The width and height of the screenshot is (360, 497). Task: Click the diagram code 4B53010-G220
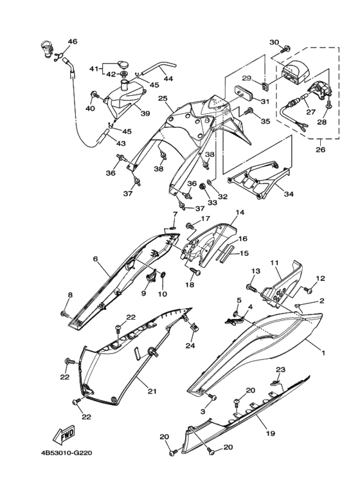(x=66, y=453)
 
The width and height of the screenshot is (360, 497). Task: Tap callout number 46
(x=73, y=42)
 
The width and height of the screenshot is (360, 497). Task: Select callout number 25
(x=163, y=98)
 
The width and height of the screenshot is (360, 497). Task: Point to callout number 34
(x=289, y=194)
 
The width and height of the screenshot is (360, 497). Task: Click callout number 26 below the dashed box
(x=320, y=149)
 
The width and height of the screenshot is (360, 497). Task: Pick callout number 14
(x=240, y=213)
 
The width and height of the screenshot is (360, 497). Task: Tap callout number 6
(x=96, y=258)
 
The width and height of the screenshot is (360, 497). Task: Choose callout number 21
(x=152, y=392)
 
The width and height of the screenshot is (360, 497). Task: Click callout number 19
(x=271, y=433)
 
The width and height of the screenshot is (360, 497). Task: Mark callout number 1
(x=323, y=352)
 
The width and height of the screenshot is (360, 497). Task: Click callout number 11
(x=274, y=262)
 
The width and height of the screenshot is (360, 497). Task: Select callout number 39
(x=145, y=113)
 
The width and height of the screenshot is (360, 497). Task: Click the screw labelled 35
(x=249, y=111)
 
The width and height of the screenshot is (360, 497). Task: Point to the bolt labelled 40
(x=95, y=95)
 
